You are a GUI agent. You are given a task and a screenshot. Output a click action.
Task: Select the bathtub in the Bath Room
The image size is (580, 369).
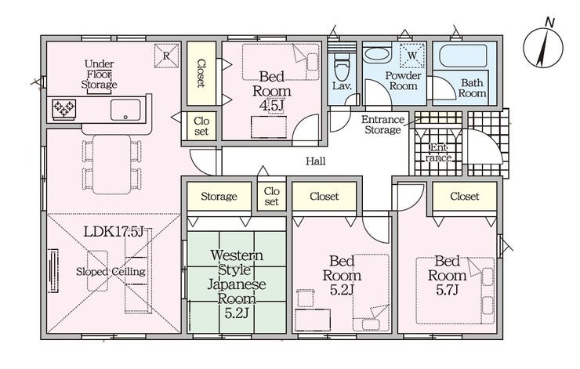click(463, 56)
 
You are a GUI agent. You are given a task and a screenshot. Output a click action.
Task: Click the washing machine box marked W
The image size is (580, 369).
click(412, 56)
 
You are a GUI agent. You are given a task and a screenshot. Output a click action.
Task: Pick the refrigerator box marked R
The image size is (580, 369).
click(166, 56)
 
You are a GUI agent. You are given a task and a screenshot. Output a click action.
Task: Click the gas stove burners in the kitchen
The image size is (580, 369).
click(64, 109)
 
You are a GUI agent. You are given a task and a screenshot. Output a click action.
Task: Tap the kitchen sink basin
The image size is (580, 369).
click(125, 110)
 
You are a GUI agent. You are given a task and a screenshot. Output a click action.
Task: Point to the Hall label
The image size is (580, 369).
click(316, 161)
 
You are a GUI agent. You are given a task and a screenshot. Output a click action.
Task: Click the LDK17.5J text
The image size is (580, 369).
click(113, 232)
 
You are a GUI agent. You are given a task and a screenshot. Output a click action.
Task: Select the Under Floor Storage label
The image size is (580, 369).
click(99, 74)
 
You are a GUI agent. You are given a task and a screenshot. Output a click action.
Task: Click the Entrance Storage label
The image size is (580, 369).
click(382, 125)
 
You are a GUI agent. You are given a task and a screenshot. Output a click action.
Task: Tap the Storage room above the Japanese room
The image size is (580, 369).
click(219, 196)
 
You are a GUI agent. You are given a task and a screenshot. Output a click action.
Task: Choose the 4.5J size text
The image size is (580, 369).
click(272, 106)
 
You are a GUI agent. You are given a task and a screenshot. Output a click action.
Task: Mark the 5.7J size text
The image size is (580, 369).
click(447, 290)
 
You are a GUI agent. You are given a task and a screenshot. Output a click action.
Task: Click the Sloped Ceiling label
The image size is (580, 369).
click(111, 272)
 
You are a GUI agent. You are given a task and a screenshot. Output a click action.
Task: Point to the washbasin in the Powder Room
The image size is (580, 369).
click(377, 55)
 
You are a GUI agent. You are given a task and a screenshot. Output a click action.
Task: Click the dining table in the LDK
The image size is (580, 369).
click(112, 165)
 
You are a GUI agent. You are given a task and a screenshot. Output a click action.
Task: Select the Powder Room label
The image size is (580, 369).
click(403, 81)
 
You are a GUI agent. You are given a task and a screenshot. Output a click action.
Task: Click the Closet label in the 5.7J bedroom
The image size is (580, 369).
click(465, 197)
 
